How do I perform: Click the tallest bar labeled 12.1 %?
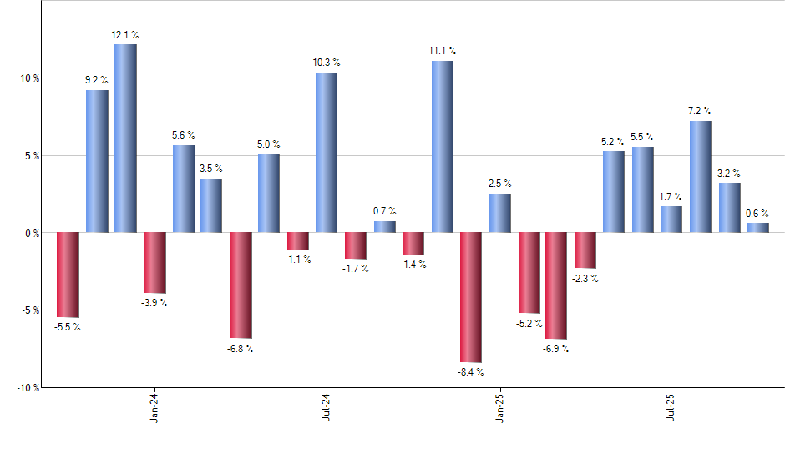click(125, 138)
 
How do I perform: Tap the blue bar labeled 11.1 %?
click(443, 146)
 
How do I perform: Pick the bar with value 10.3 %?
click(327, 152)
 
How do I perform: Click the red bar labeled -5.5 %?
click(68, 275)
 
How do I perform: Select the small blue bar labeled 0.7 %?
click(384, 226)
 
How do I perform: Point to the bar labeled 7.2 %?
click(700, 176)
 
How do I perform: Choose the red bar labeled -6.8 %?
click(241, 285)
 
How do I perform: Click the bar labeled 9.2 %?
click(97, 160)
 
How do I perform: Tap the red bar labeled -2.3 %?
click(585, 250)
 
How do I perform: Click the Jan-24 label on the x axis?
click(154, 407)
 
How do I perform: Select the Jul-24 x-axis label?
click(327, 407)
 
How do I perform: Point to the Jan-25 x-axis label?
click(500, 407)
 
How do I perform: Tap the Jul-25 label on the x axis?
click(672, 407)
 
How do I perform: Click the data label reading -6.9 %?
click(555, 348)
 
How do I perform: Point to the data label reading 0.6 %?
click(758, 212)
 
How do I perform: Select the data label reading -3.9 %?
click(154, 302)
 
